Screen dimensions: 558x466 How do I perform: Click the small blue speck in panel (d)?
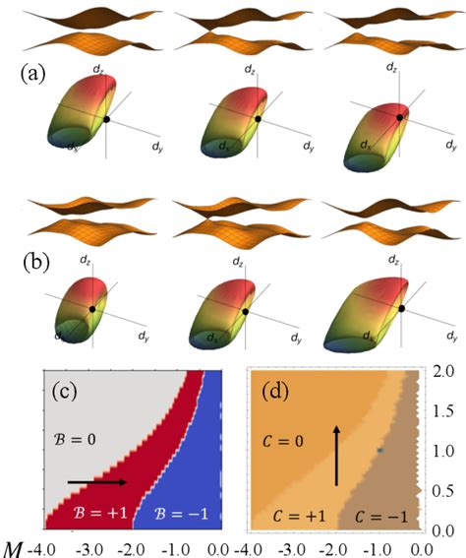tap(379, 449)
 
